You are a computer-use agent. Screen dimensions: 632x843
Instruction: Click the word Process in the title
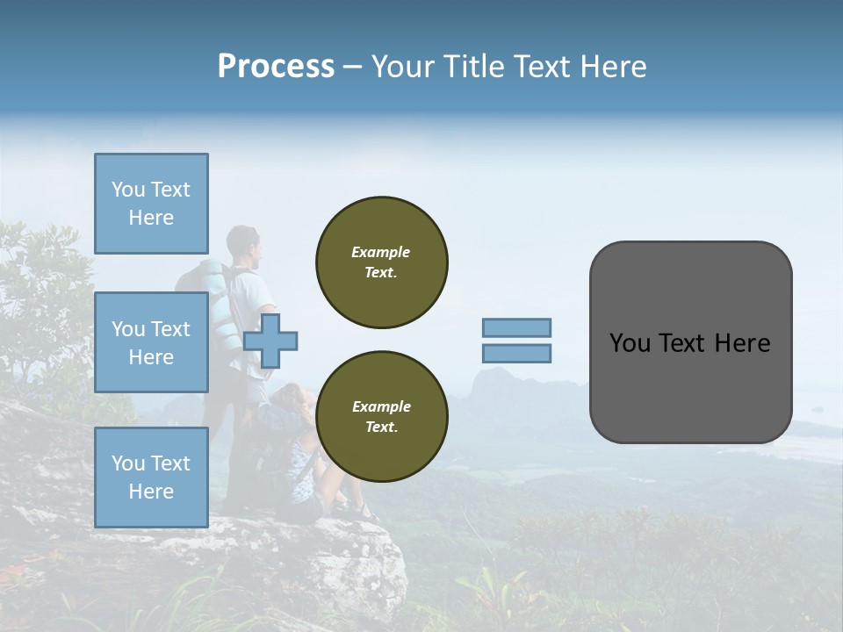[276, 67]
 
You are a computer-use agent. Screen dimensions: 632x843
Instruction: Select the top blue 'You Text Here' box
[151, 204]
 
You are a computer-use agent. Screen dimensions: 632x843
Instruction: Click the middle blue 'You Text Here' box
[151, 342]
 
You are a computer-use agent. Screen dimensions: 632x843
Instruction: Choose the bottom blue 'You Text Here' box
[151, 478]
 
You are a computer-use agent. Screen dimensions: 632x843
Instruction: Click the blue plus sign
[270, 341]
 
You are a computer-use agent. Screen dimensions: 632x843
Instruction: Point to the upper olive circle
[382, 262]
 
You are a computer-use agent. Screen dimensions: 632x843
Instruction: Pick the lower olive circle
[382, 417]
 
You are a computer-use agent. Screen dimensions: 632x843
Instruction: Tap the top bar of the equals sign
[517, 327]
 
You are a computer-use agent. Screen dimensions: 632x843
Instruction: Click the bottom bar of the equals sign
[517, 354]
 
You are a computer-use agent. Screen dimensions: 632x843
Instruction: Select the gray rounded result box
[690, 342]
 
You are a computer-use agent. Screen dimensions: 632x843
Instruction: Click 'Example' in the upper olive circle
[381, 252]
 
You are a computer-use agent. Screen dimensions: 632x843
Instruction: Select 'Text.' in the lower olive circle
[381, 427]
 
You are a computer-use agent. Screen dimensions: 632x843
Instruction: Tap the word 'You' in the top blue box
[127, 190]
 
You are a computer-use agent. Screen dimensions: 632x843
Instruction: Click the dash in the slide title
[353, 67]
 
